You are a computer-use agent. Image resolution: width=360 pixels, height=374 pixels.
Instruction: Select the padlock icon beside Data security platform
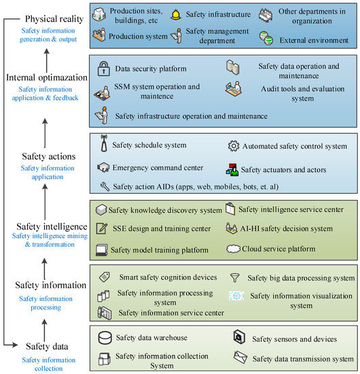[103, 69]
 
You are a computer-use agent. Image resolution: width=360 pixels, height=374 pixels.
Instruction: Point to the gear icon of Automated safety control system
[232, 146]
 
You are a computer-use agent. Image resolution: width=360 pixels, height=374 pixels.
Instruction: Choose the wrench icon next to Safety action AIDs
[104, 186]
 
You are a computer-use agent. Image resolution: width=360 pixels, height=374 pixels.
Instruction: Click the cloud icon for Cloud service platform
[232, 249]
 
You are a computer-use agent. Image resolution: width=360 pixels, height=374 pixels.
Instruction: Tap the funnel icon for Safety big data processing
[235, 277]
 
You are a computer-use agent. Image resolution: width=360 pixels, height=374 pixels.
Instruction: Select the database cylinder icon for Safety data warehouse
[105, 338]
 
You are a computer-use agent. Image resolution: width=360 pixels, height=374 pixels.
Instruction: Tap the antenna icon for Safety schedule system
[104, 146]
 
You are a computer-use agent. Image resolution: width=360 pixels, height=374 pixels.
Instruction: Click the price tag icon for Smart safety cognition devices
[105, 277]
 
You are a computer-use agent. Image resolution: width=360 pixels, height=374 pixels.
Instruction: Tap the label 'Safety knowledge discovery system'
[167, 209]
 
